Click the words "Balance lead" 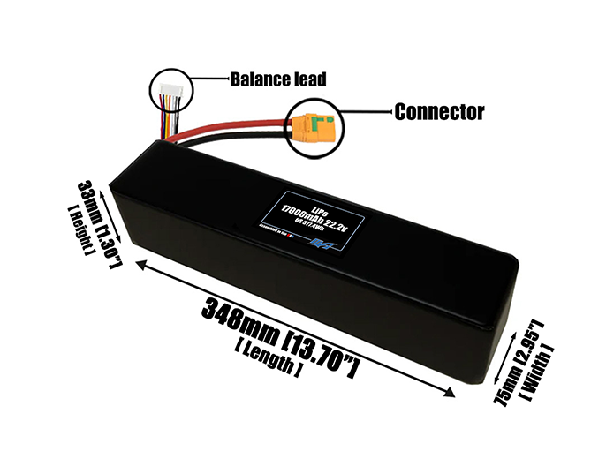(277, 79)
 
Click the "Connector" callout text (438, 112)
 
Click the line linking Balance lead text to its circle (206, 79)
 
